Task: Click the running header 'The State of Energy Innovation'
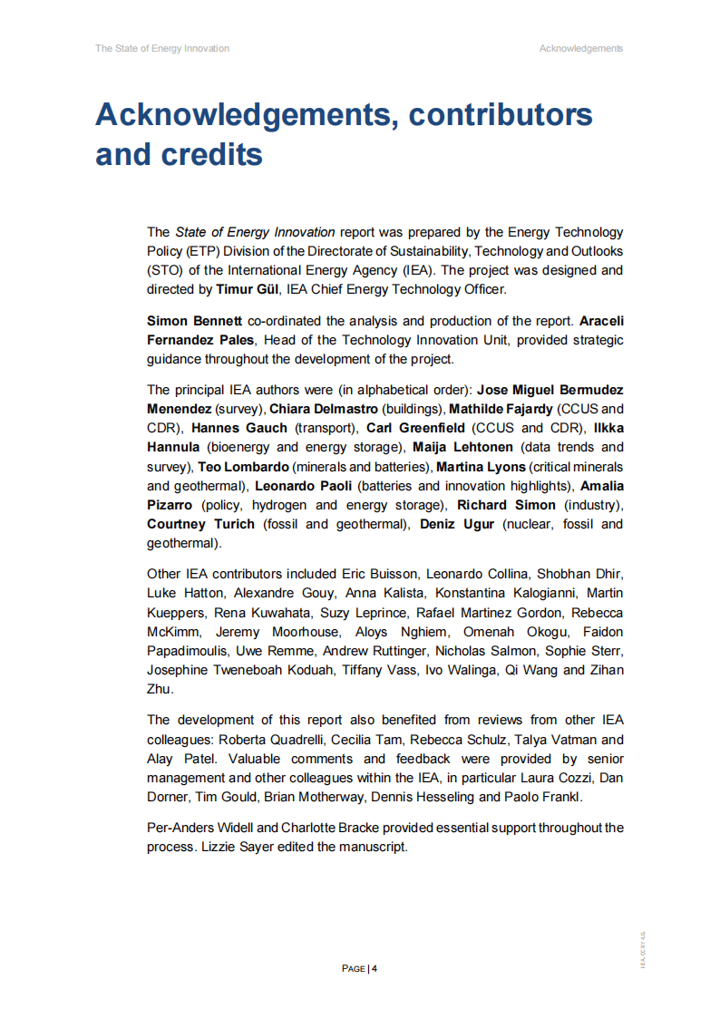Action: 162,48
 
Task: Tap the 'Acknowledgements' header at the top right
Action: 580,48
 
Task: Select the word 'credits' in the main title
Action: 214,154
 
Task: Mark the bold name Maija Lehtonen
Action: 462,447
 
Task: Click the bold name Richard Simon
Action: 506,505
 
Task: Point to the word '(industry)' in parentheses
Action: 594,505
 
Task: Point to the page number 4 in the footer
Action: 374,968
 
